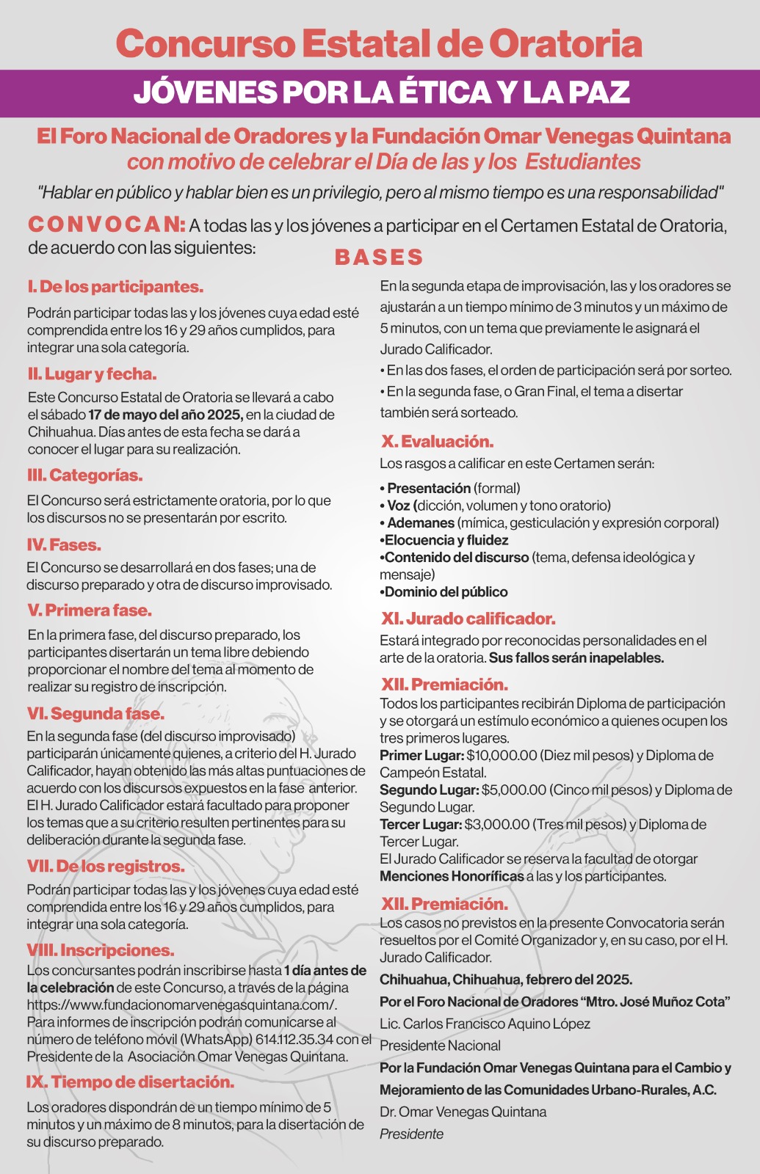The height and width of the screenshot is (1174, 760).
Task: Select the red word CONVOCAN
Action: pos(106,224)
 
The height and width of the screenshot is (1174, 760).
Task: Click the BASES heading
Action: pos(379,258)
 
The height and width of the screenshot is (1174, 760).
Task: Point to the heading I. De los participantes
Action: pos(115,287)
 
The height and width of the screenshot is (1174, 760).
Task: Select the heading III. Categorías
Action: pos(85,475)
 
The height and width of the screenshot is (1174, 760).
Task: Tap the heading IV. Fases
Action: pos(64,545)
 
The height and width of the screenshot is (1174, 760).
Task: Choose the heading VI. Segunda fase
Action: pos(96,714)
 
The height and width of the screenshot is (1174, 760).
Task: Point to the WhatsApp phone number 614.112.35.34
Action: pos(294,1039)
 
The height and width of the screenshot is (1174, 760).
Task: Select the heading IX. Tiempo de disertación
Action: pos(130,1082)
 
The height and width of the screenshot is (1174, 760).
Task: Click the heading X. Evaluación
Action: pos(437,442)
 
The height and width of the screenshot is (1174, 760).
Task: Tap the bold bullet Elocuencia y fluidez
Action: pos(446,540)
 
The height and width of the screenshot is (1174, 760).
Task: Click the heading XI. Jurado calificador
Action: pos(468,619)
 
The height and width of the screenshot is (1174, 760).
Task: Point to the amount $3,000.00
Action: pos(497,824)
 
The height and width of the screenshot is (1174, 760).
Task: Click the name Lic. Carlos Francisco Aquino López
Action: pos(485,1024)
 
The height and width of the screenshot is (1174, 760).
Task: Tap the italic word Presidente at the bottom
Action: pos(411,1134)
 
